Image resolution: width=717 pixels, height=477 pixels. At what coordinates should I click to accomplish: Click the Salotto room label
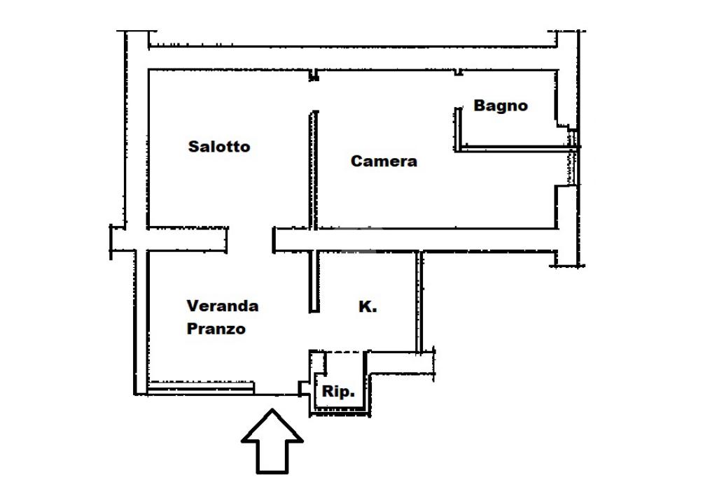(x=219, y=147)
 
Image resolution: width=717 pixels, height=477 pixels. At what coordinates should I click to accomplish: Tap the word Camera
(x=384, y=162)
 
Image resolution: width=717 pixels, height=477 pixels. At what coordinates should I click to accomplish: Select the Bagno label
(x=501, y=106)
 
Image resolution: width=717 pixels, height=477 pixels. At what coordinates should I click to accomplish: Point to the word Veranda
(x=223, y=306)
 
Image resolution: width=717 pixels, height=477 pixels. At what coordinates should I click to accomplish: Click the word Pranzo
(x=216, y=329)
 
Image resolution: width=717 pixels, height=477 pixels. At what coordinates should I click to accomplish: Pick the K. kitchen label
(x=368, y=306)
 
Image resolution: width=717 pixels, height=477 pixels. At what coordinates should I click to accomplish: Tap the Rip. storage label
(x=338, y=392)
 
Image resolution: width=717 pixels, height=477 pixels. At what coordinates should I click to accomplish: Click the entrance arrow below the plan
(x=272, y=441)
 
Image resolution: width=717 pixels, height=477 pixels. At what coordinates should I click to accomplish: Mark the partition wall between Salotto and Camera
(x=314, y=168)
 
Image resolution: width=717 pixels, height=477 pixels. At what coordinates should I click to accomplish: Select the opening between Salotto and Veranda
(x=250, y=240)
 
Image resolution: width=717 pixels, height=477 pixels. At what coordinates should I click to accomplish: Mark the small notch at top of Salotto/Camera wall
(x=314, y=75)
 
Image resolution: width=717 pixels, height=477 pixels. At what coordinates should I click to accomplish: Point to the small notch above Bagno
(x=458, y=72)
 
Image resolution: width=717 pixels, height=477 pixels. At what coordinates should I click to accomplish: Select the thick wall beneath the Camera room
(x=420, y=240)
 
